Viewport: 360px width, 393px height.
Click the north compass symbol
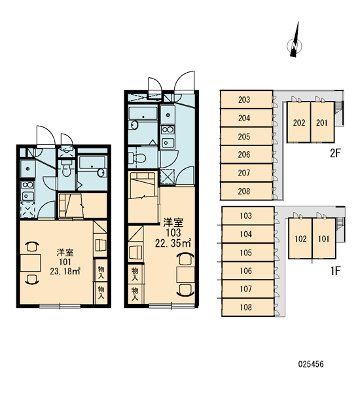tap(295, 42)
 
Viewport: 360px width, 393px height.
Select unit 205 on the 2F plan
tap(246, 136)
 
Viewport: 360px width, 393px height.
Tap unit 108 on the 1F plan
tap(248, 307)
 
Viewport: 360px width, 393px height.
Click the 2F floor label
tap(335, 153)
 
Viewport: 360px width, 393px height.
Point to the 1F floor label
tap(335, 271)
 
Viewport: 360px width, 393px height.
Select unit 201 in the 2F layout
tap(323, 122)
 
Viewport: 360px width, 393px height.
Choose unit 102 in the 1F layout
tap(300, 238)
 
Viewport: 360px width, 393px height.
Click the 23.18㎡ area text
tap(65, 271)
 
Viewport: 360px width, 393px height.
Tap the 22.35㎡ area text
tap(173, 243)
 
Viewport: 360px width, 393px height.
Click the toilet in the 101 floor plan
tap(66, 168)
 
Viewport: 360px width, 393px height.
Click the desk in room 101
tap(30, 263)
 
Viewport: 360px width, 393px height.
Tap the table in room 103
tap(186, 275)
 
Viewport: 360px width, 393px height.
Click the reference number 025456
tap(311, 364)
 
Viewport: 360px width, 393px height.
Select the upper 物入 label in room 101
tap(101, 272)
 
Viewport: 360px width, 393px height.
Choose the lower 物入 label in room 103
tap(135, 293)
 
